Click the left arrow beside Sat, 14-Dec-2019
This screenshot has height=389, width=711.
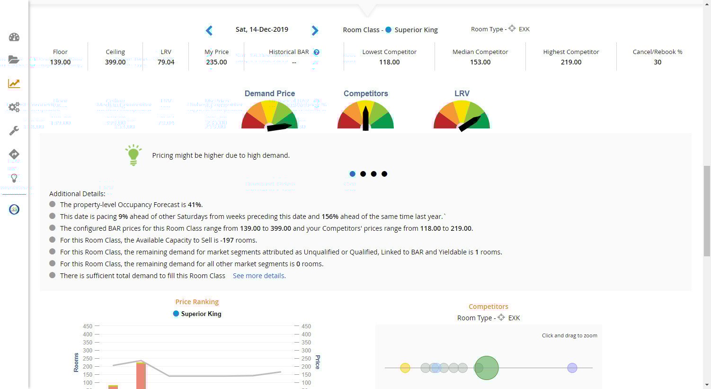tap(209, 31)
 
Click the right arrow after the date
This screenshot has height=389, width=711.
tap(315, 31)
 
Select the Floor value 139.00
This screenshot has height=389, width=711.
tap(60, 62)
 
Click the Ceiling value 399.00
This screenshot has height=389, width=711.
tap(115, 62)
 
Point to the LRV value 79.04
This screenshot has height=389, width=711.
tap(166, 62)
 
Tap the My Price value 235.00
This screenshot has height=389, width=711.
tap(216, 62)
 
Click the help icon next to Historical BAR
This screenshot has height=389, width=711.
tap(317, 52)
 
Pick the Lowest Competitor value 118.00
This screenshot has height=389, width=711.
tap(389, 62)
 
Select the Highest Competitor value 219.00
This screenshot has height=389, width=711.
tap(571, 62)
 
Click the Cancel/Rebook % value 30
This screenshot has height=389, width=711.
tap(658, 62)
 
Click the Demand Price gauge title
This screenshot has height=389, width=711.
tap(270, 93)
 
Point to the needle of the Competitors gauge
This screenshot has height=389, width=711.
tap(365, 118)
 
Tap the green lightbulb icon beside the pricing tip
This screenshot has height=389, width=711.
tap(133, 155)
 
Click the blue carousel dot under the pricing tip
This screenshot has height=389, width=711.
tap(352, 174)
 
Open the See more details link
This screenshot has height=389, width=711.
tap(259, 276)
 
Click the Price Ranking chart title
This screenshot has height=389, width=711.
tap(197, 302)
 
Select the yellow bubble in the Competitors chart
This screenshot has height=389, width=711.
tap(405, 368)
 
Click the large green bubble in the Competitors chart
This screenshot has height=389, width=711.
tap(487, 368)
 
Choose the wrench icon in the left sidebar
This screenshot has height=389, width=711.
tap(14, 131)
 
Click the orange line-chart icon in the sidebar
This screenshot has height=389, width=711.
tap(14, 84)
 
